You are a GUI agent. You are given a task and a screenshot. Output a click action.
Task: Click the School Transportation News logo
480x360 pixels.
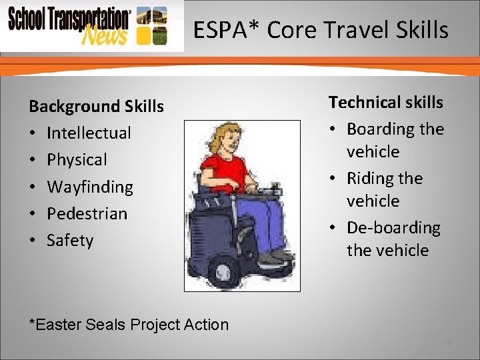[70, 25]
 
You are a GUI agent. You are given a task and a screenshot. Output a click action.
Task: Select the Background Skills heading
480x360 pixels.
[96, 107]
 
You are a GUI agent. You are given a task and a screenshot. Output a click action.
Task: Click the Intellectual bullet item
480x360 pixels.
[89, 133]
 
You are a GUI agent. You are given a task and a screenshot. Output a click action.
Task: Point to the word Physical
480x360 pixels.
[77, 160]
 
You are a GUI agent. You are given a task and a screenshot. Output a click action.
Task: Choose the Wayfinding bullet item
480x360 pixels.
[90, 187]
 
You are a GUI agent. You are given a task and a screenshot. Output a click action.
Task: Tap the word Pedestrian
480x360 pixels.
[87, 214]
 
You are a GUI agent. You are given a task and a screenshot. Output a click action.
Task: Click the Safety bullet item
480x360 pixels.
[70, 241]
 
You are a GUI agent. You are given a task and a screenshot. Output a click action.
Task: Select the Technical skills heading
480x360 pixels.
[385, 102]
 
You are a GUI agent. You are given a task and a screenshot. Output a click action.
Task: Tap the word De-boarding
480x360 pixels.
[393, 228]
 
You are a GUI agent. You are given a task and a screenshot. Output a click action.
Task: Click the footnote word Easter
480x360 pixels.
[58, 325]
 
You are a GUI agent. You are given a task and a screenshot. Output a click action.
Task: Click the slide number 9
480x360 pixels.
[449, 343]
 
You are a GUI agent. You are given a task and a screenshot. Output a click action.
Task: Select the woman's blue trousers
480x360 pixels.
[267, 220]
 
